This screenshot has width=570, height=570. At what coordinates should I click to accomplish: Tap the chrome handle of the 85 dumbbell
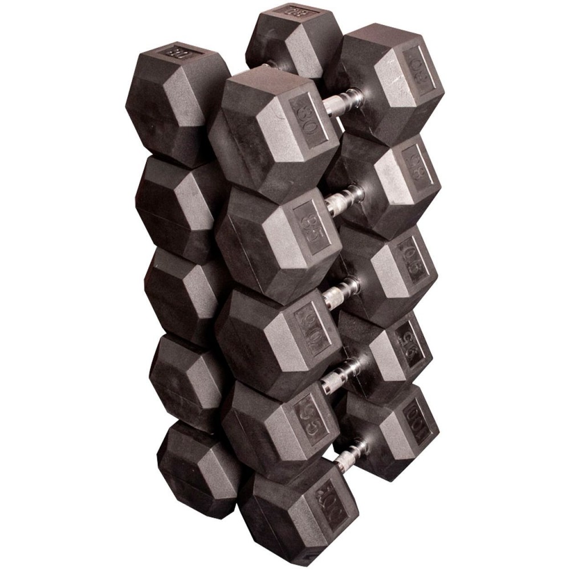pos(345,197)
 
